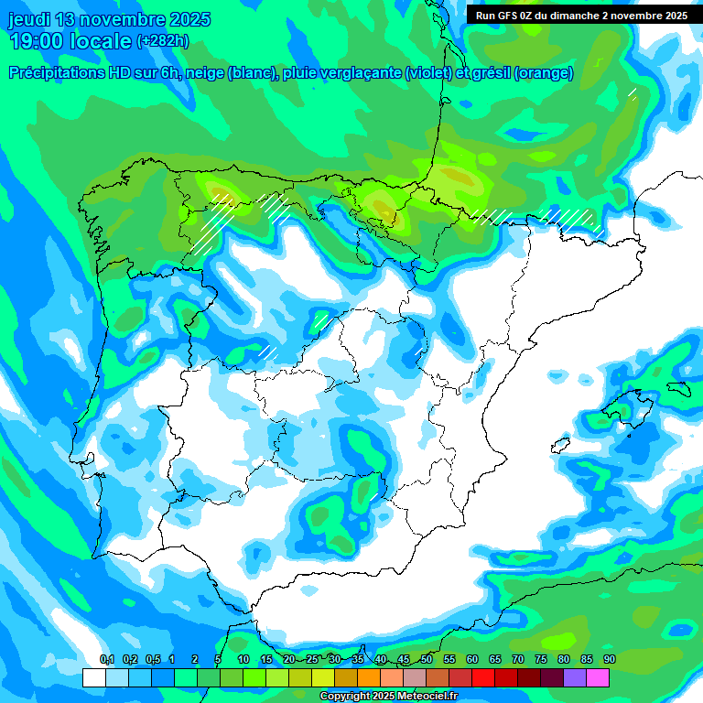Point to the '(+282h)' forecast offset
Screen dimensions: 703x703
(163, 41)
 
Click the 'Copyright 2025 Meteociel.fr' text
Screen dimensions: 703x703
(388, 697)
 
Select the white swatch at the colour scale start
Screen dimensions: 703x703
(93, 678)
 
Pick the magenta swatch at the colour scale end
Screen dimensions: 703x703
(598, 678)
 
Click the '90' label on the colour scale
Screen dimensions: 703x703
(610, 660)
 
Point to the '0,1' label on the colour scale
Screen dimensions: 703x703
(106, 660)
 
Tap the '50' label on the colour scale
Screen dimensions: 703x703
(427, 660)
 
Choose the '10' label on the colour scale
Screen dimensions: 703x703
(243, 660)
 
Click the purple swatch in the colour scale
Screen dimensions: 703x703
(575, 678)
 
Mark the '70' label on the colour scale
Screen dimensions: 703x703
(518, 660)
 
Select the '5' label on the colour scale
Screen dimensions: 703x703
(218, 660)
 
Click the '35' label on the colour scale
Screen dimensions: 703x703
(358, 660)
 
